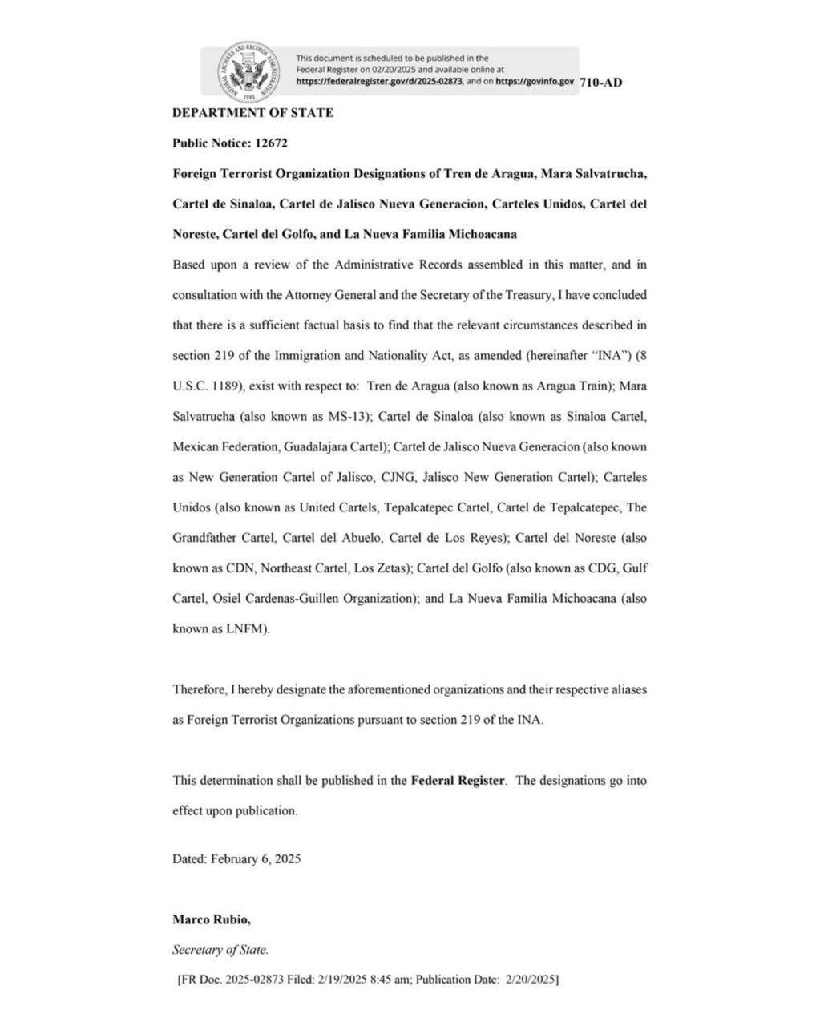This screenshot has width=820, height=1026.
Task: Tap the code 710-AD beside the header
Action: (600, 83)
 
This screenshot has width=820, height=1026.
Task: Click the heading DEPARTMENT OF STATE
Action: (252, 113)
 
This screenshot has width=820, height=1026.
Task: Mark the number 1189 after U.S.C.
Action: (227, 386)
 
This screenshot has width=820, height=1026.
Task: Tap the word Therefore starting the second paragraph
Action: (199, 689)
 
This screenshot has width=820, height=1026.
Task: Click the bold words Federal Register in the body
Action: (458, 780)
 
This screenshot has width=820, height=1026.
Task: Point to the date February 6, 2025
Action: (256, 859)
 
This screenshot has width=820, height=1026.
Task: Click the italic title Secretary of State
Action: (220, 950)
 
